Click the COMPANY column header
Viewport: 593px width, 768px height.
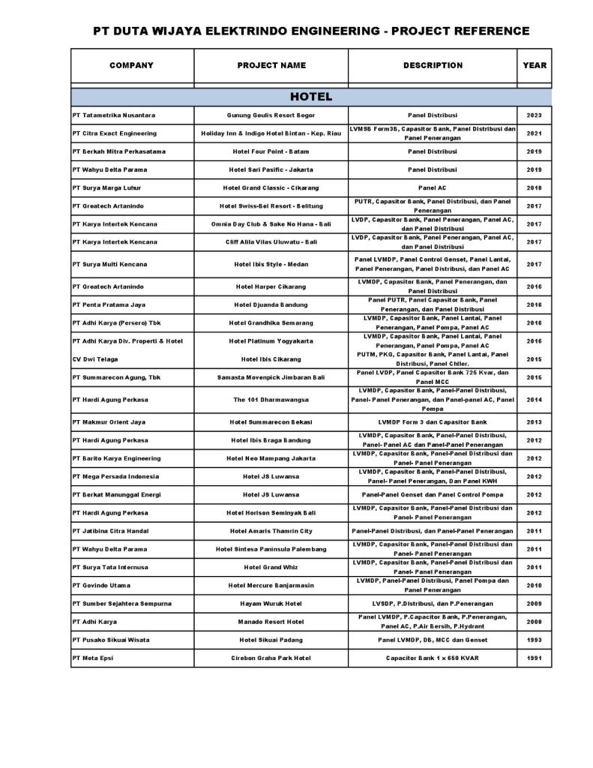point(131,65)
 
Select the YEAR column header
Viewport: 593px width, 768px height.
point(535,65)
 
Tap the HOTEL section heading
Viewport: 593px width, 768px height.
point(311,97)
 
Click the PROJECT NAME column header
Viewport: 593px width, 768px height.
point(271,65)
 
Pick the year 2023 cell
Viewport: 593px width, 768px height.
point(535,115)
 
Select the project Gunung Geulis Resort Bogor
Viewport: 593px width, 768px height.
point(271,115)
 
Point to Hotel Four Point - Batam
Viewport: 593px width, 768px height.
point(271,151)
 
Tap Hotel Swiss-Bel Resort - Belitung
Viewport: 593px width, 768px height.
point(271,205)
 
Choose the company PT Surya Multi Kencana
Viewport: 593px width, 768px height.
point(109,264)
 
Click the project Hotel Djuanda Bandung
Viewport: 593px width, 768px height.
point(271,304)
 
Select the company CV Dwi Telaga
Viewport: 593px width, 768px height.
point(95,358)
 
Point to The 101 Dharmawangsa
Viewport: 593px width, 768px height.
point(271,400)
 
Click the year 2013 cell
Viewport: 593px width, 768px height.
point(535,422)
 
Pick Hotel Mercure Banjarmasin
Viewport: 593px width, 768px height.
point(271,585)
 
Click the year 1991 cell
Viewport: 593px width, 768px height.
point(535,658)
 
